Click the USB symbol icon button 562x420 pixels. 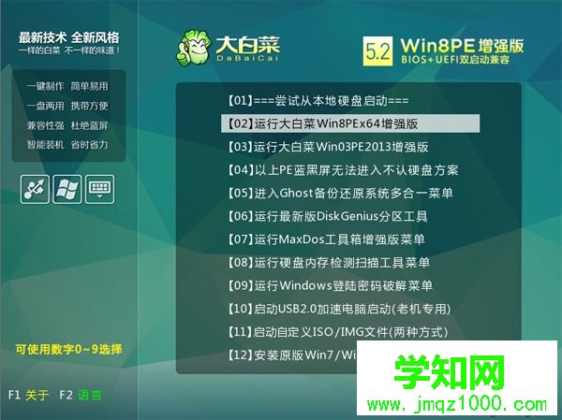[x=35, y=187]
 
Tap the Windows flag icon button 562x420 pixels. [x=67, y=187]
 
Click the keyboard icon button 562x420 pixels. [x=99, y=187]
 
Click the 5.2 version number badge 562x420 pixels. [x=377, y=49]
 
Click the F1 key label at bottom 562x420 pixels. [x=14, y=395]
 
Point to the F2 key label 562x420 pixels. [x=66, y=395]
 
